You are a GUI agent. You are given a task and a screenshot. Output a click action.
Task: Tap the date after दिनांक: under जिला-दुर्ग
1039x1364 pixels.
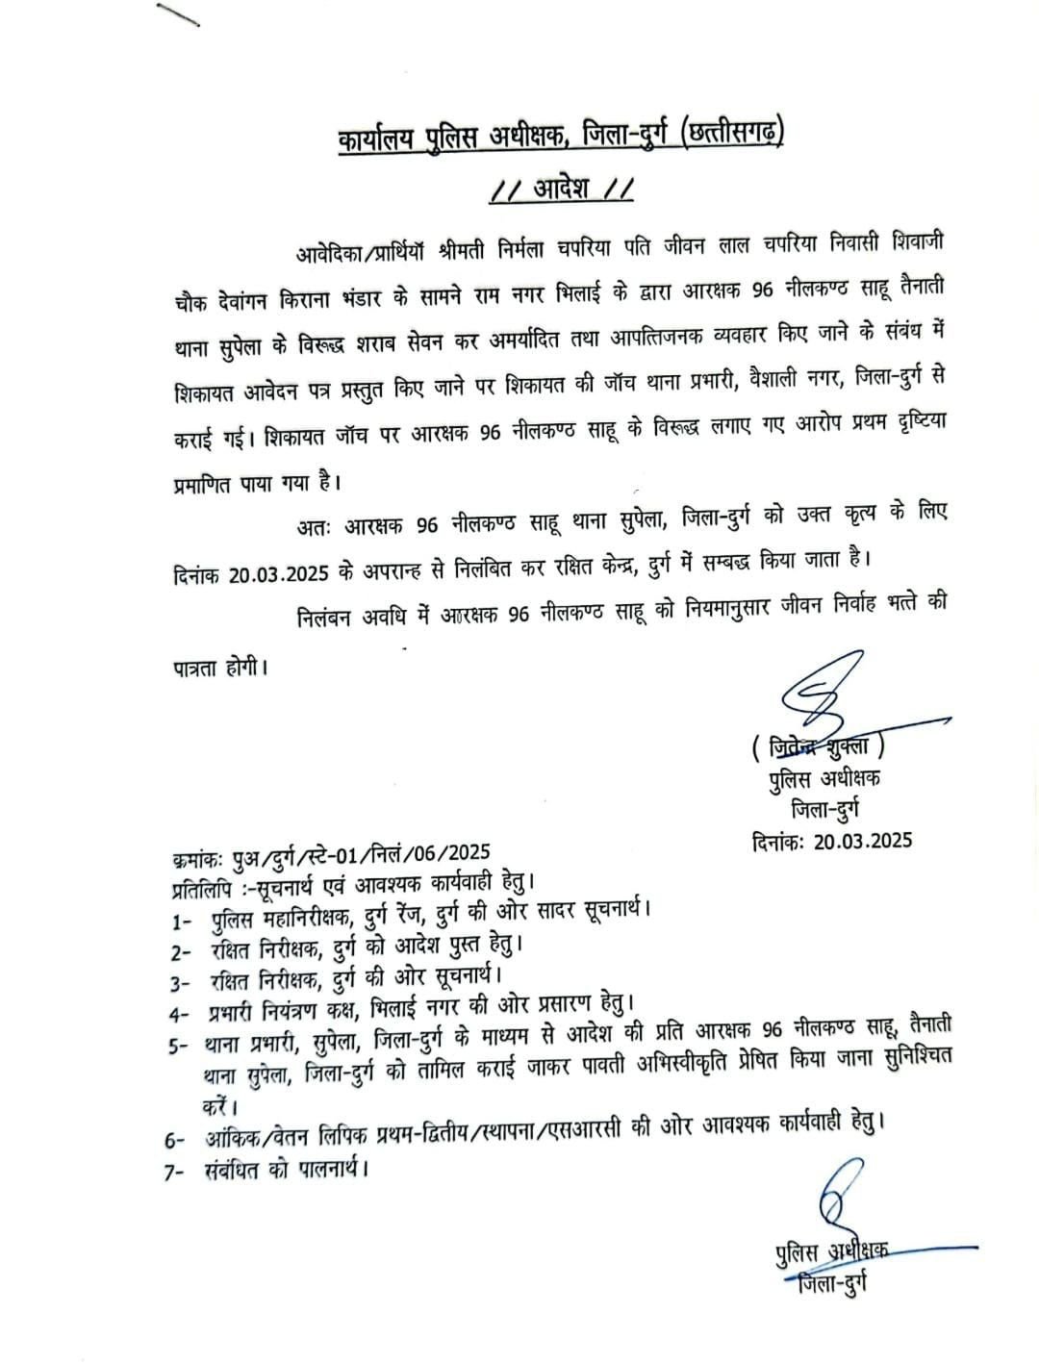click(861, 839)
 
